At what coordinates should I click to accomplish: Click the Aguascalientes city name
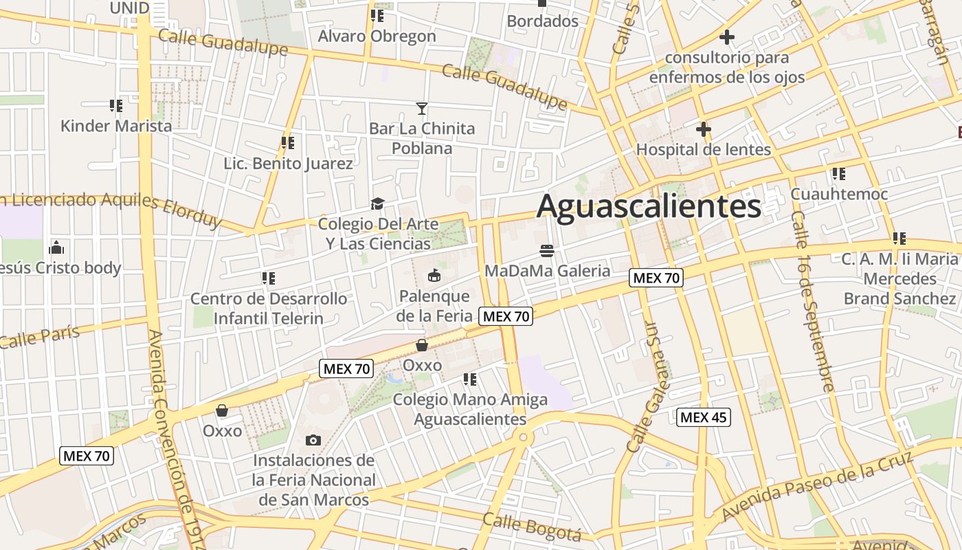click(649, 206)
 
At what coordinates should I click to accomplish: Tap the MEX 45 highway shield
click(703, 417)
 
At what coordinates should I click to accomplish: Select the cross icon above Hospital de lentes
click(703, 129)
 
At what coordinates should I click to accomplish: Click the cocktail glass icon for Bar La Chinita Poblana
click(422, 109)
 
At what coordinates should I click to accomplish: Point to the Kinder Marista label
click(116, 126)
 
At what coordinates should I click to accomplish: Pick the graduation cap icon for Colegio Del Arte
click(377, 203)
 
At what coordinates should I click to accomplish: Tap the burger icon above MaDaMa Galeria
click(547, 250)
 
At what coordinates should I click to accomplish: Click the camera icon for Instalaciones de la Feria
click(313, 440)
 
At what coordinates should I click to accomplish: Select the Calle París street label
click(40, 337)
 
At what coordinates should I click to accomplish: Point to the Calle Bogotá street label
click(532, 527)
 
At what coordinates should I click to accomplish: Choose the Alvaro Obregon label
click(377, 36)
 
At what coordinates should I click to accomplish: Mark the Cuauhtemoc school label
click(839, 194)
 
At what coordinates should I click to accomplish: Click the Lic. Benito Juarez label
click(289, 164)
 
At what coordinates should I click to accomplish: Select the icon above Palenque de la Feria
click(434, 276)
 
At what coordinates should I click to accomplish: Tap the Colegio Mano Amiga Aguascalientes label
click(470, 409)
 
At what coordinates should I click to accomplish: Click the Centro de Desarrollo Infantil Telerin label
click(268, 309)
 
